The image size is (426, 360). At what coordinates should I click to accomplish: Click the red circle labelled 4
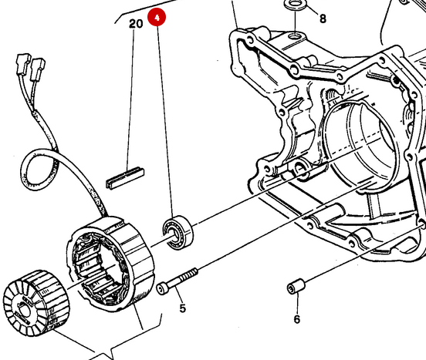coord(157,17)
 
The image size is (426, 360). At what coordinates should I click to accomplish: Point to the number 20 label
coord(136,24)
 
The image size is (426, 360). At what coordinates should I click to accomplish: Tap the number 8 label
coord(323,18)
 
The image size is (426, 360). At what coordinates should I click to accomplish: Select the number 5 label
coord(182,309)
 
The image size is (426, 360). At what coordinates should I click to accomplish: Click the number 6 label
coord(296,318)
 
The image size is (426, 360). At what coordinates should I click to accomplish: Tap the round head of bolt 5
coord(162,288)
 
